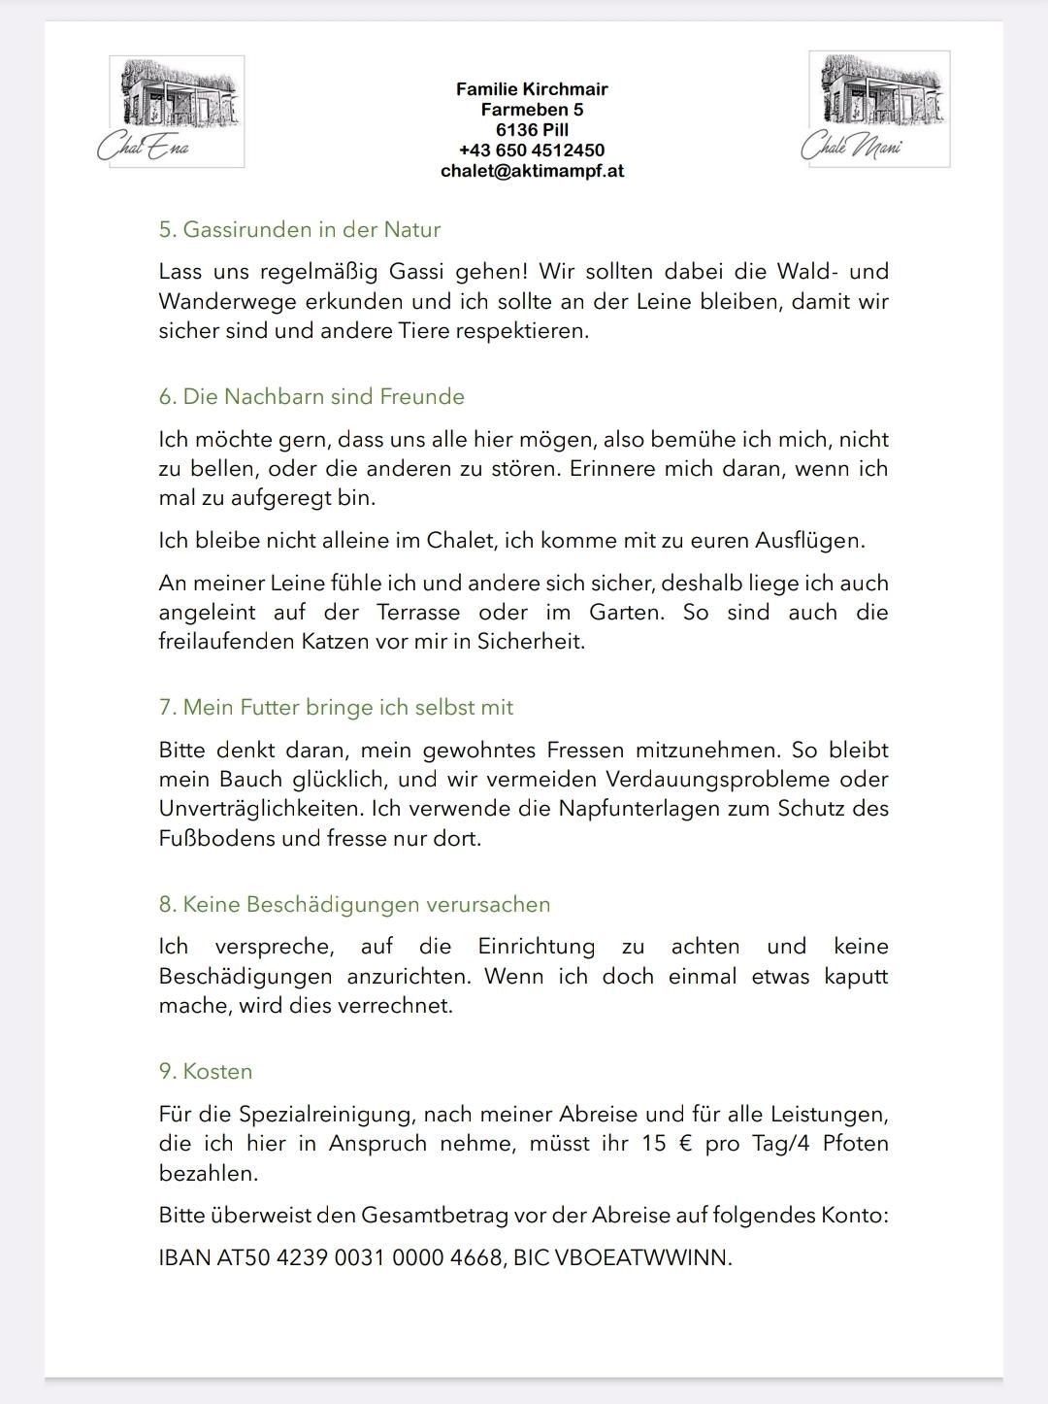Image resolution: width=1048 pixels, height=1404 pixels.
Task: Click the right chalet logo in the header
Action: point(878,108)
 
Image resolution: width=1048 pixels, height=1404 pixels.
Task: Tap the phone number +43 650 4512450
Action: point(532,150)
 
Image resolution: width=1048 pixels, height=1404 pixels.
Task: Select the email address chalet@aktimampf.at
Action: point(532,171)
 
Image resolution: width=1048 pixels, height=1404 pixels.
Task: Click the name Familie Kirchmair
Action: point(532,89)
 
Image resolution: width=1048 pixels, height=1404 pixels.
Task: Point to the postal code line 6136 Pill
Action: point(532,130)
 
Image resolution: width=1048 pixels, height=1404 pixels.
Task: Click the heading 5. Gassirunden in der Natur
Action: point(300,230)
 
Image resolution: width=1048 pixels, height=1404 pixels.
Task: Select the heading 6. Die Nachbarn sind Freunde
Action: point(311,397)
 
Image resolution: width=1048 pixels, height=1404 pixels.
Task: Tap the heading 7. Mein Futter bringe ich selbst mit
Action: point(336,708)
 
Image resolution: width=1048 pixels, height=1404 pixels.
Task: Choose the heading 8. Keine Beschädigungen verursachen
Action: point(354,905)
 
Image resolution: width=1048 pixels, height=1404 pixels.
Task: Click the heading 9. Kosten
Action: point(206,1072)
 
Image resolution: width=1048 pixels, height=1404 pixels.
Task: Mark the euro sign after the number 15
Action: point(686,1144)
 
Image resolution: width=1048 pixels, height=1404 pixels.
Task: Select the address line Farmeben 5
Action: point(532,110)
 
